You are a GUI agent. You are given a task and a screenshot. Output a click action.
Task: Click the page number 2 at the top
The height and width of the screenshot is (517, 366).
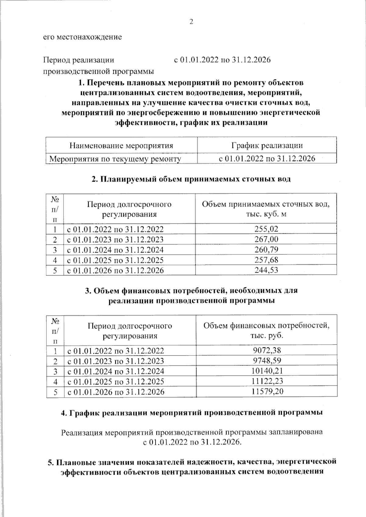(191, 22)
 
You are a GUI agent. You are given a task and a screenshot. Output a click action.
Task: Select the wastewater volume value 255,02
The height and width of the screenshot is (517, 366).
(266, 229)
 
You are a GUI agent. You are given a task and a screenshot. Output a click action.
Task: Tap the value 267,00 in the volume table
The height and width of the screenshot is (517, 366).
(266, 239)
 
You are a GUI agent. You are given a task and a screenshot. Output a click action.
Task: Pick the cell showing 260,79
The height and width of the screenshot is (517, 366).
(266, 250)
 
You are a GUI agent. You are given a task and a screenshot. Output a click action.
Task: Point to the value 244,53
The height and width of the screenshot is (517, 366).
(266, 270)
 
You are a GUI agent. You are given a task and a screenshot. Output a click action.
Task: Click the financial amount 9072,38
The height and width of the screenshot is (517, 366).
(267, 350)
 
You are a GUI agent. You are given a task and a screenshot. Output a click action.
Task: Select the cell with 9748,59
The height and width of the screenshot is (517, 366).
(267, 361)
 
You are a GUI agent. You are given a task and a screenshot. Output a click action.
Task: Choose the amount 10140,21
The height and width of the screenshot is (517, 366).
(267, 371)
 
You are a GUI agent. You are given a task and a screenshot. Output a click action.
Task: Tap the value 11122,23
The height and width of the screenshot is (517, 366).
(267, 381)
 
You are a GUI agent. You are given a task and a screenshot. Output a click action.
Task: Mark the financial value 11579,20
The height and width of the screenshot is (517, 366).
(267, 391)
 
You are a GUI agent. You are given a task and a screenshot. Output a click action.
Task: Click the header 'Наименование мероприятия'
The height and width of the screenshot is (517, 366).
(121, 145)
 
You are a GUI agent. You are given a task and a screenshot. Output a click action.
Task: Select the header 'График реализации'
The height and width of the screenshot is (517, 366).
(267, 145)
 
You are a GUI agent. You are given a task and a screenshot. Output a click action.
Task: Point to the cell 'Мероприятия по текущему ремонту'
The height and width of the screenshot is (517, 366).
(115, 159)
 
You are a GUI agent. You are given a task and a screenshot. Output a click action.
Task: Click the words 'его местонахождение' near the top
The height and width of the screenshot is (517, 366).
(82, 37)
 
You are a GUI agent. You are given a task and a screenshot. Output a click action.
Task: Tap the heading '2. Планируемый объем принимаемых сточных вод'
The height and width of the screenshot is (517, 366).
(191, 179)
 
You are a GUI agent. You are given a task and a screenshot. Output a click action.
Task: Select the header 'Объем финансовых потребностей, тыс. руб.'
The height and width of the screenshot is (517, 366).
(266, 331)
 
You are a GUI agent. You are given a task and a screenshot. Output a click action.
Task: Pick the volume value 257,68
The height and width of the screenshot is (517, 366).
(266, 260)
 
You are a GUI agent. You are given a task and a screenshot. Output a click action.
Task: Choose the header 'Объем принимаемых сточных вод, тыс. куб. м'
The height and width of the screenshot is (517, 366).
(266, 209)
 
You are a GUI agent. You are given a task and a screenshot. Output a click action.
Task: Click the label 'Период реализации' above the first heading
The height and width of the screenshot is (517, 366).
(79, 60)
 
